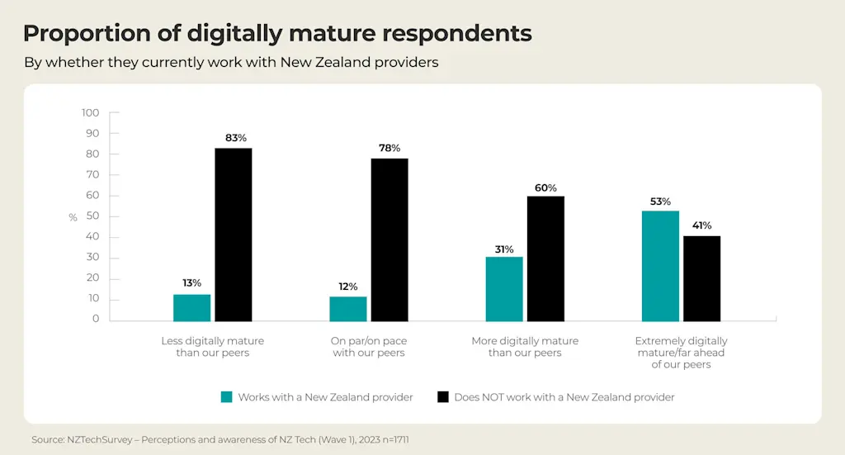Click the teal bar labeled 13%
click(192, 307)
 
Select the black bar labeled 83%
click(234, 235)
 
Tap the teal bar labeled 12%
click(347, 308)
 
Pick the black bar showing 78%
click(389, 239)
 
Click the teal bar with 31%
click(504, 288)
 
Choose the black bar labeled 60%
click(545, 258)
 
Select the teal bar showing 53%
click(660, 266)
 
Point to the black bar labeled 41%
click(701, 278)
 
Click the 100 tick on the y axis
click(91, 113)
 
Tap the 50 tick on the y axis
click(93, 216)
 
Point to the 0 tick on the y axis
click(96, 320)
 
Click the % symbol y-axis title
click(73, 218)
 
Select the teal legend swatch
click(226, 397)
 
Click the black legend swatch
click(442, 397)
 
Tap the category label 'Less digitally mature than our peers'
click(212, 347)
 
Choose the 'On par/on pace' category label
click(368, 347)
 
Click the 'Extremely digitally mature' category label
click(681, 353)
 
